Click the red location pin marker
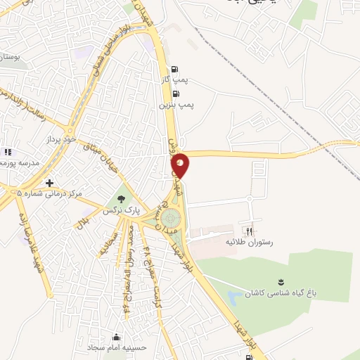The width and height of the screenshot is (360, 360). click(181, 165)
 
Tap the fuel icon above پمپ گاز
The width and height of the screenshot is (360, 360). click(174, 69)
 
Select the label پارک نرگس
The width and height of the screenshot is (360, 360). click(122, 210)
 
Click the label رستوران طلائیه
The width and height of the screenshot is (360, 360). click(248, 241)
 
